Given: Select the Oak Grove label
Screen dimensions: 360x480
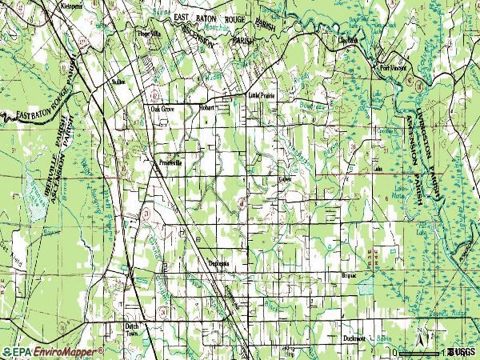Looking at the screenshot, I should coord(162,109).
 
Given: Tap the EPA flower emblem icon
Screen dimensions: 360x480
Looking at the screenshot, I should coord(6,352).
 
